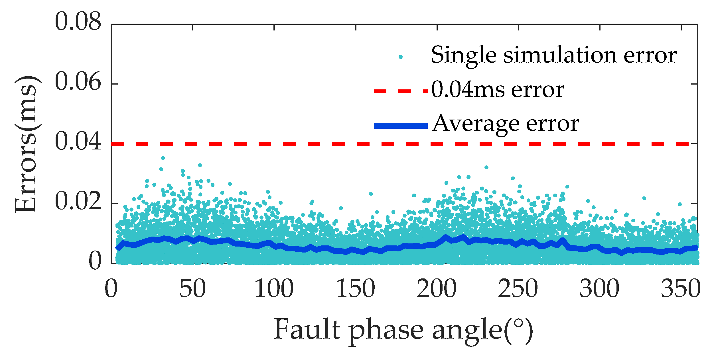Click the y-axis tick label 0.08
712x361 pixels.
pyautogui.click(x=78, y=22)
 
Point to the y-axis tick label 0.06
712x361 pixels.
pyautogui.click(x=78, y=82)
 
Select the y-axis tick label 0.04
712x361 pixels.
pyautogui.click(x=78, y=142)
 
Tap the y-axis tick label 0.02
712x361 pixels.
pyautogui.click(x=78, y=202)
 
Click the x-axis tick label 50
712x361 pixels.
pyautogui.click(x=192, y=289)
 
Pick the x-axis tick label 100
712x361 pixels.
pyautogui.click(x=274, y=289)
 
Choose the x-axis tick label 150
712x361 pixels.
pyautogui.click(x=355, y=289)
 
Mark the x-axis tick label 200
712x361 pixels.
pyautogui.click(x=437, y=289)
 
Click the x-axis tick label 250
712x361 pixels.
pyautogui.click(x=518, y=289)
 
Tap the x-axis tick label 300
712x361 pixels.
pyautogui.click(x=600, y=289)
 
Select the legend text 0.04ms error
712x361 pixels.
pyautogui.click(x=498, y=90)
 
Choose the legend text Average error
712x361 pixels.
pyautogui.click(x=505, y=124)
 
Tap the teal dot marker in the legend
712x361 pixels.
pyautogui.click(x=401, y=57)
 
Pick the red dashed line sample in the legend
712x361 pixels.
pyautogui.click(x=401, y=91)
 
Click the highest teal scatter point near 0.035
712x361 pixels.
pyautogui.click(x=163, y=158)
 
